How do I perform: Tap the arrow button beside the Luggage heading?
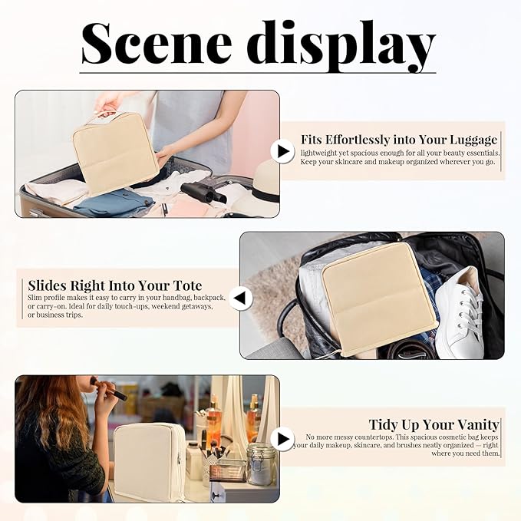pyautogui.click(x=283, y=151)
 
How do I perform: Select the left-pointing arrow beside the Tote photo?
pyautogui.click(x=239, y=297)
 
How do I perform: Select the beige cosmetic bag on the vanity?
pyautogui.click(x=149, y=461)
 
